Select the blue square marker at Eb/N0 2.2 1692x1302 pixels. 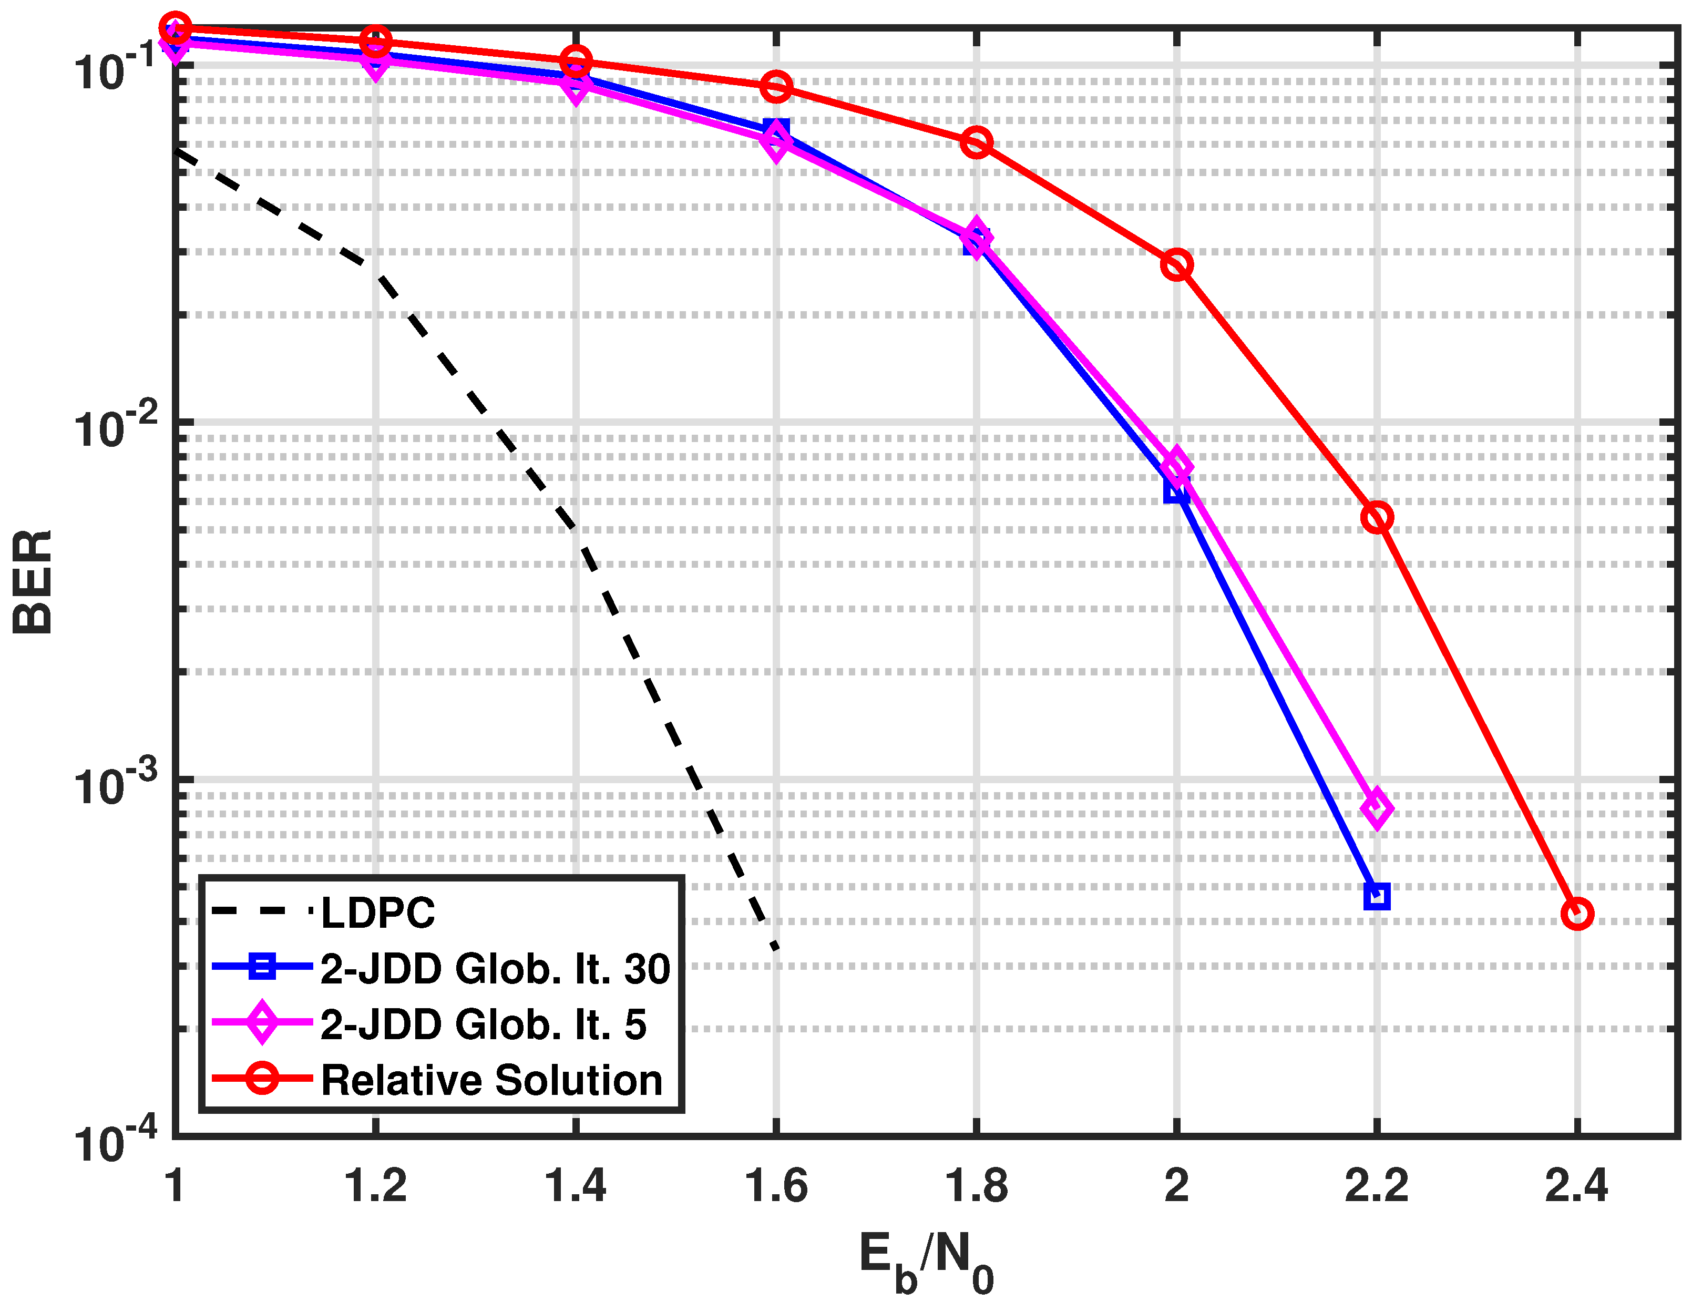tap(1377, 896)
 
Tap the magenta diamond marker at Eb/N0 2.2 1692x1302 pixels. tap(1377, 808)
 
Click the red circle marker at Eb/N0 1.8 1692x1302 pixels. tap(976, 142)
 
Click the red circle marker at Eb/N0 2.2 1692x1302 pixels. tap(1377, 517)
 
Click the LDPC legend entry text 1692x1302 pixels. tap(378, 913)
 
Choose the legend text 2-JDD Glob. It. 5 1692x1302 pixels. tap(484, 1024)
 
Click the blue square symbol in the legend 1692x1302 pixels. tap(262, 967)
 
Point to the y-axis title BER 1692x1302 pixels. tap(33, 582)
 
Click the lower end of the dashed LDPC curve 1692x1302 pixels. tap(775, 947)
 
